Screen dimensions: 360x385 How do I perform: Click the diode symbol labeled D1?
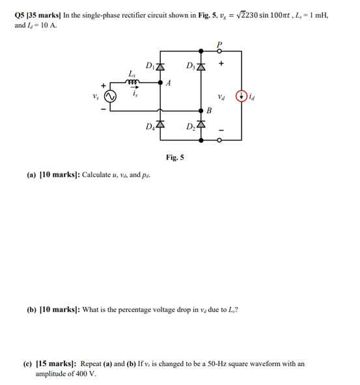161,67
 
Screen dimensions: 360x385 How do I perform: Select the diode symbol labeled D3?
201,67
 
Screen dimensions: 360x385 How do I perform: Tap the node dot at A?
161,83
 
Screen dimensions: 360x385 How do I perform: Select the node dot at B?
201,110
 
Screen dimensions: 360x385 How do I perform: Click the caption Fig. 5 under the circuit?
175,157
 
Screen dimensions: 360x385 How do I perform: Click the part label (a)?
31,176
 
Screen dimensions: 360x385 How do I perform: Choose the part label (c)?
31,364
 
